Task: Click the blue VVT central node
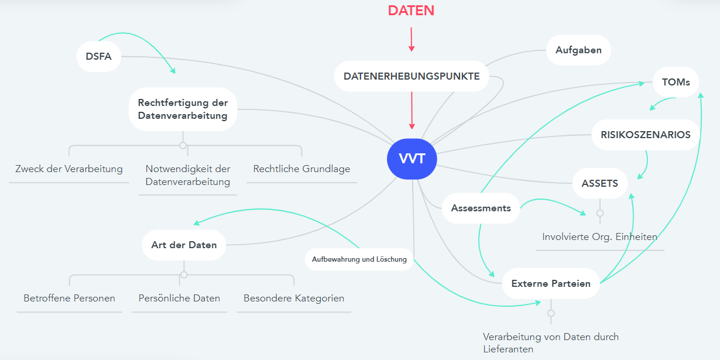(412, 159)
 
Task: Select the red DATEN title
(411, 11)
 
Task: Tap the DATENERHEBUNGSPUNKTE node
(412, 76)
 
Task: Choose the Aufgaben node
(578, 50)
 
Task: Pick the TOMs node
(676, 82)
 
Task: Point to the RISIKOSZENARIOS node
(645, 135)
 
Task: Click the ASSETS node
(599, 183)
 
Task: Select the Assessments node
(481, 208)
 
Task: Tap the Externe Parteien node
(551, 284)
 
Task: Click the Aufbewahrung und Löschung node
(359, 259)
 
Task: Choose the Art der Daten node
(184, 245)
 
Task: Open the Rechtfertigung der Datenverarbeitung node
(183, 109)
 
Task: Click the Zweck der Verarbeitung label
(69, 169)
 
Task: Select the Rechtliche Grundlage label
(301, 169)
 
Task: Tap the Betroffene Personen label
(69, 298)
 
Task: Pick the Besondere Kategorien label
(294, 298)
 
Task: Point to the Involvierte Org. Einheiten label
(599, 237)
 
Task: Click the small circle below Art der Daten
(184, 275)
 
